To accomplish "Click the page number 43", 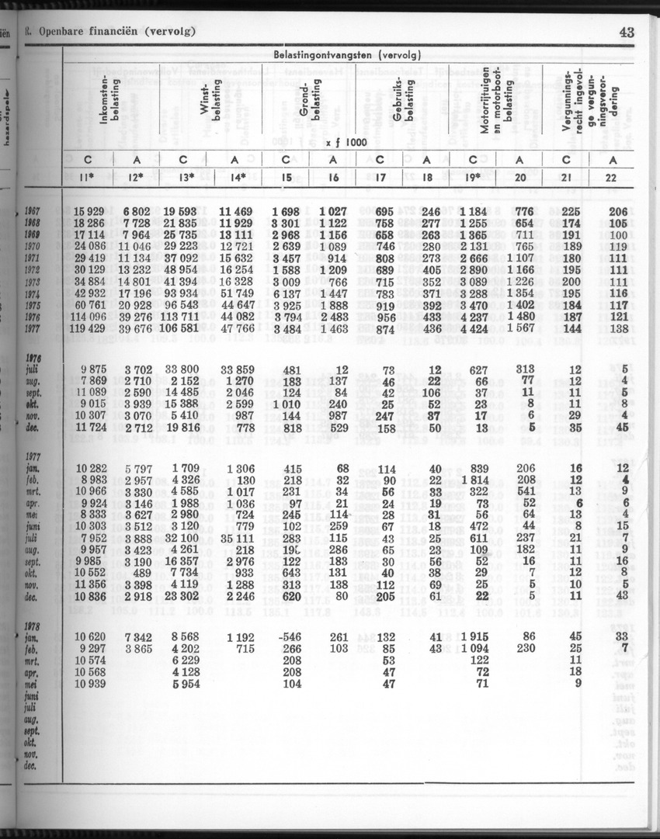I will (x=627, y=32).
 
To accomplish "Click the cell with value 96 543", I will (x=179, y=306).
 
